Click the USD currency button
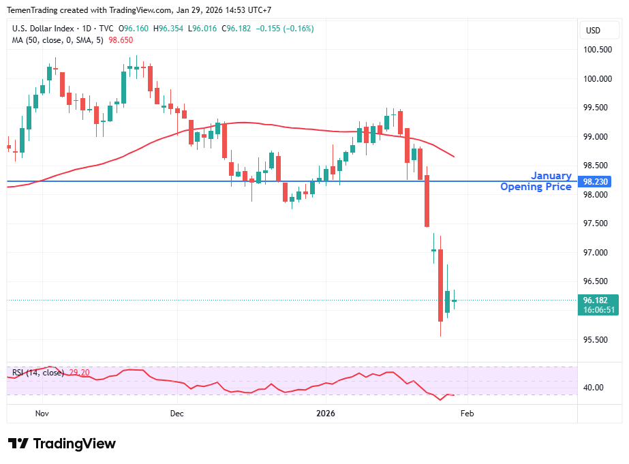(594, 30)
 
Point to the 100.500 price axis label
(597, 50)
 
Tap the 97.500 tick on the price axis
(597, 223)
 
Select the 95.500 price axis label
(597, 340)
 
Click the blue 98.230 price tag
(598, 181)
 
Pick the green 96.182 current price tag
(598, 300)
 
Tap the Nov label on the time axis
(42, 413)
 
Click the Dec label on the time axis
(177, 413)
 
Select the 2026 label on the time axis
(326, 413)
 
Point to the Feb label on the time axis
(467, 413)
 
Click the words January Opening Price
(536, 181)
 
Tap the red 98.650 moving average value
(122, 41)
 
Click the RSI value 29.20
(80, 373)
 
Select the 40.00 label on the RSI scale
(594, 388)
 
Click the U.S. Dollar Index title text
(43, 29)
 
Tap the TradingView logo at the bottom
(62, 444)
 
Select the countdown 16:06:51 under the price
(598, 309)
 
